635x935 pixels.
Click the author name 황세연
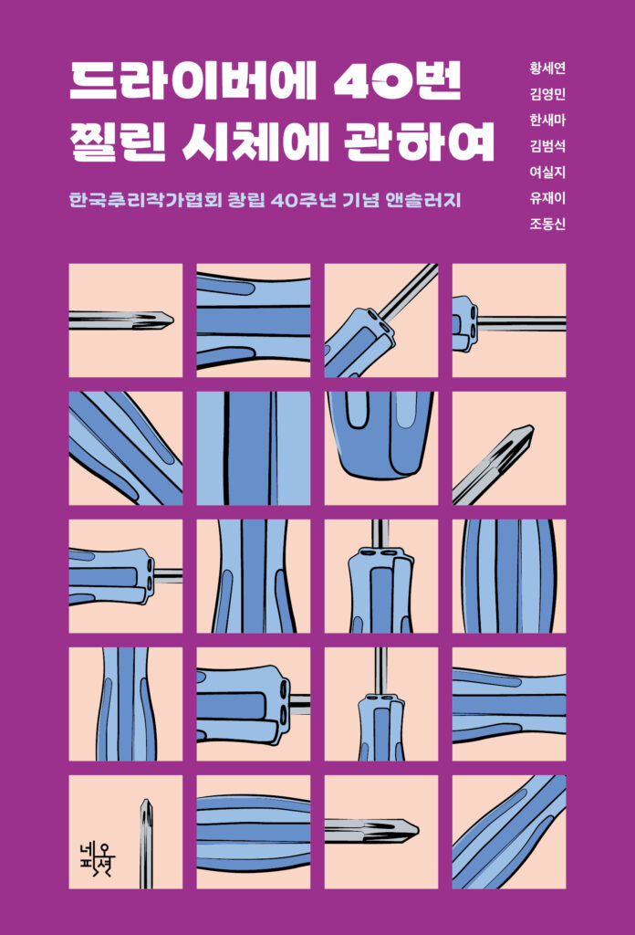[547, 68]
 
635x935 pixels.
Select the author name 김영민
[547, 94]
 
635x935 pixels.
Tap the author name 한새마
[547, 120]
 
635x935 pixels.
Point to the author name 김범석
[547, 146]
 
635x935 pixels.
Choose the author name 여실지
[547, 173]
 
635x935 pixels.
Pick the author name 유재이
[547, 198]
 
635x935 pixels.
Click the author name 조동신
[547, 225]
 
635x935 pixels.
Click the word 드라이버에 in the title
[192, 82]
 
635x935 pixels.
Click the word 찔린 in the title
[118, 142]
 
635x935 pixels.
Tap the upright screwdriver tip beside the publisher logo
[146, 802]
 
